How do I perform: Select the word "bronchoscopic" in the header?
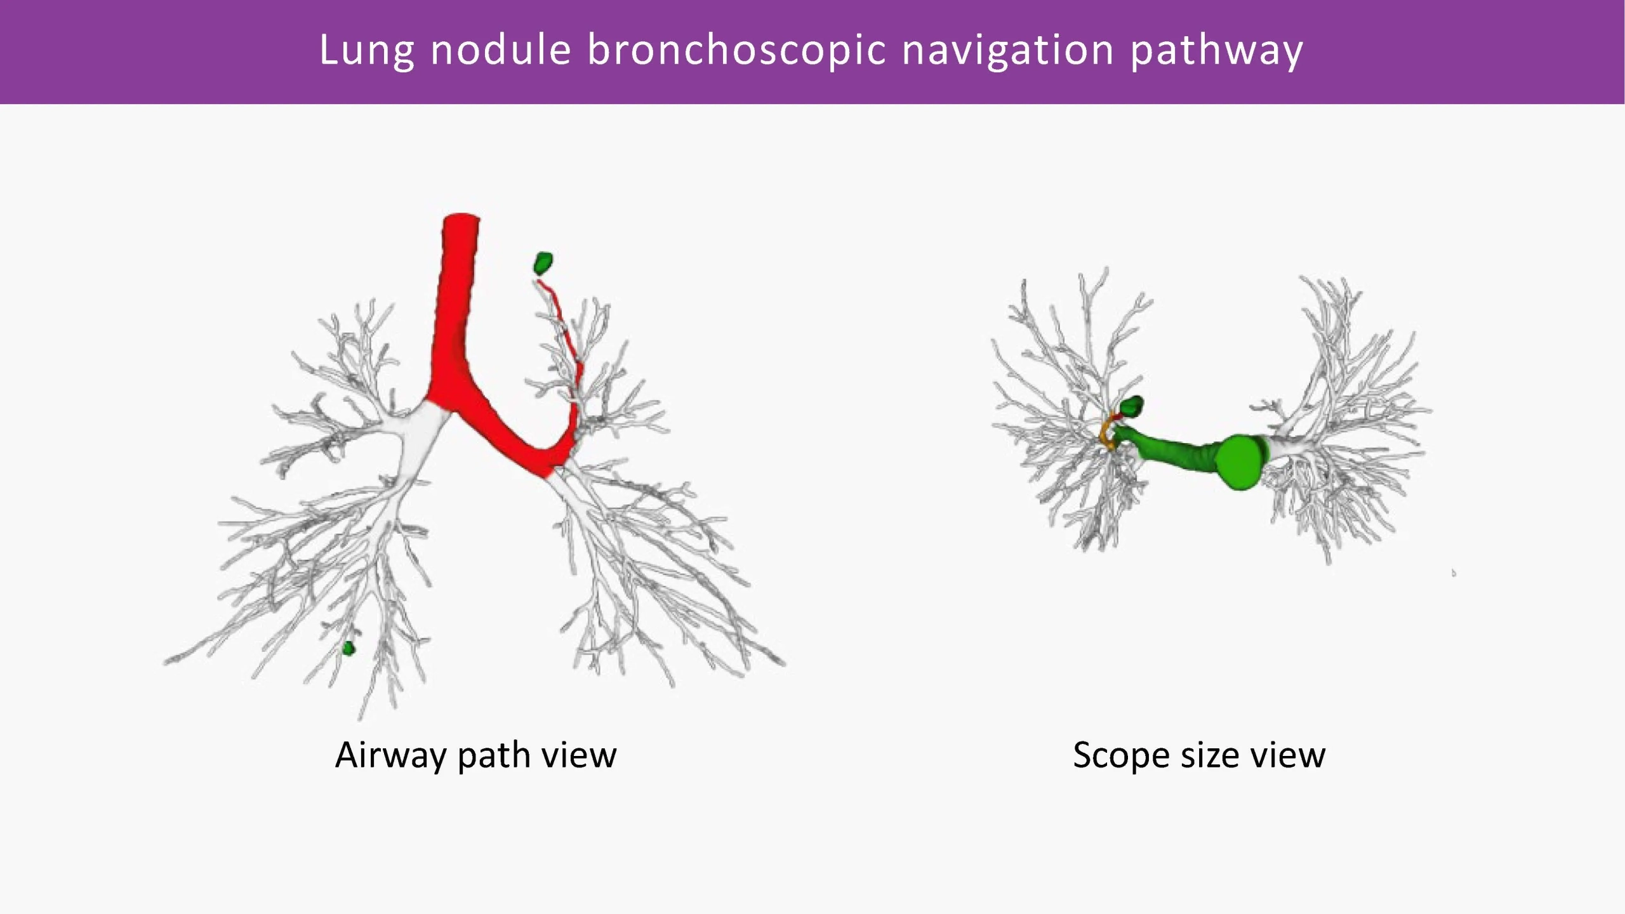(x=736, y=51)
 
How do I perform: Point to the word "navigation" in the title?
(x=1007, y=51)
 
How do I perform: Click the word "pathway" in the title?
(x=1216, y=51)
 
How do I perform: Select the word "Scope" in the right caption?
(x=1121, y=756)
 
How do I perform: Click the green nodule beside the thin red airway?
(x=543, y=263)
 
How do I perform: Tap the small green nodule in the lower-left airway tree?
(x=348, y=649)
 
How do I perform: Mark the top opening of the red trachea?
(x=461, y=219)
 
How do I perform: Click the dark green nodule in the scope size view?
(x=1134, y=406)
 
